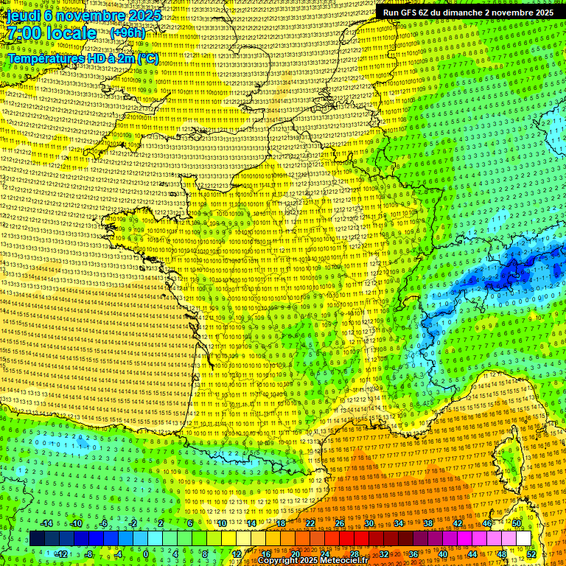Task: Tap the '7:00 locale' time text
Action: [x=52, y=33]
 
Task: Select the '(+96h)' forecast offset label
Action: [x=127, y=33]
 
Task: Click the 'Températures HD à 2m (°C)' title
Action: [x=83, y=57]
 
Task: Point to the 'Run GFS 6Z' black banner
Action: [x=468, y=13]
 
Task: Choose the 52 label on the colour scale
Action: [x=531, y=553]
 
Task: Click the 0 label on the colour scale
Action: [x=146, y=553]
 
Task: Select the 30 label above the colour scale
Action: [x=369, y=523]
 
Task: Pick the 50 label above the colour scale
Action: [x=516, y=523]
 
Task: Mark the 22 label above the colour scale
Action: [x=310, y=523]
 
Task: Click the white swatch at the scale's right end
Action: [x=523, y=539]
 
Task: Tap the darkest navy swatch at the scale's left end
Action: [x=37, y=539]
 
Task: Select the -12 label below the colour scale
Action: [x=61, y=553]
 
